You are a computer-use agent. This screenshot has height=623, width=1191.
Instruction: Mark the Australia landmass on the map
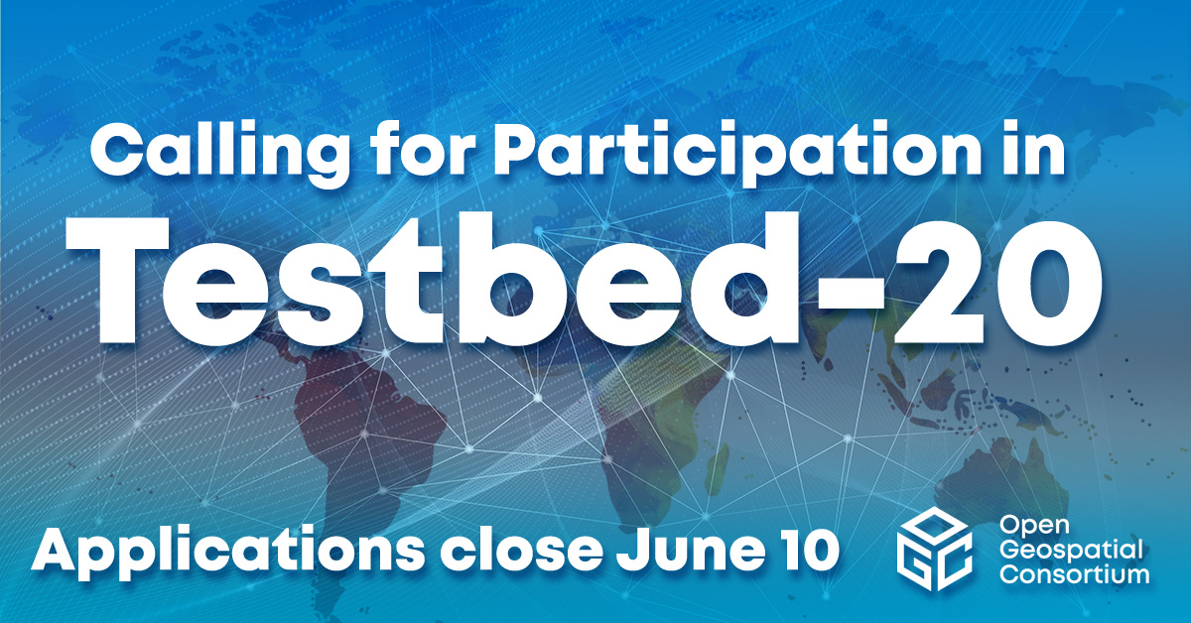click(x=1002, y=476)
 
